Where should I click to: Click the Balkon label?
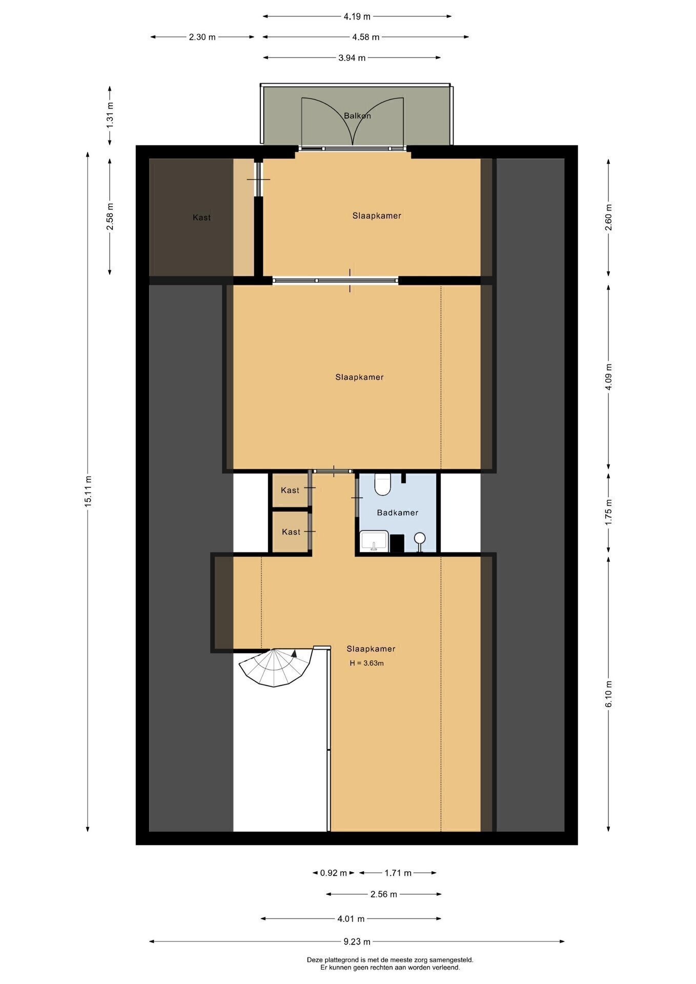coord(357,116)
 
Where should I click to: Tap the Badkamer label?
coord(398,512)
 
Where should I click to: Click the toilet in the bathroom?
coord(382,485)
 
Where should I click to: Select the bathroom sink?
coord(374,541)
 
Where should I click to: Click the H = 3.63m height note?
coord(367,663)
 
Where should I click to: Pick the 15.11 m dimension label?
coord(88,491)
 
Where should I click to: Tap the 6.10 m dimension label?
coord(609,694)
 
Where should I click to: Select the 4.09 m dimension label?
coord(609,377)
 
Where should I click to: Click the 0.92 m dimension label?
coord(334,873)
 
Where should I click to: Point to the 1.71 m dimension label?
coord(398,873)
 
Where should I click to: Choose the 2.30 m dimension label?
coord(202,37)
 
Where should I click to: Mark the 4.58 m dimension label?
coord(366,37)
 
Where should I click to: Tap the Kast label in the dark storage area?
coord(202,217)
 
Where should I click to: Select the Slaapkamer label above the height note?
coord(371,649)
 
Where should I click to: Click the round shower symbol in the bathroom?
coord(420,538)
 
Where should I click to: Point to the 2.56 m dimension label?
coord(384,894)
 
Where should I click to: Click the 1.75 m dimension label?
coord(609,512)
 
